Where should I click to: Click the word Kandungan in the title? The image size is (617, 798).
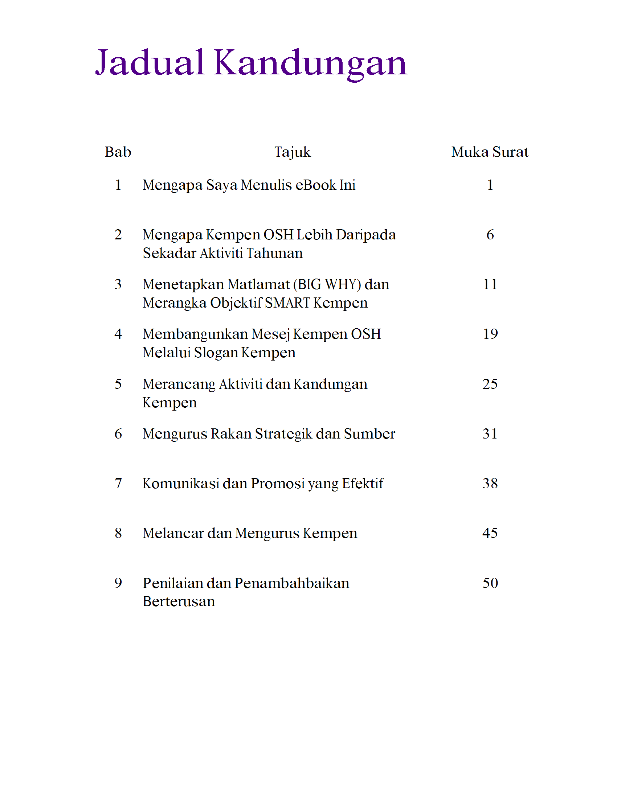pos(310,63)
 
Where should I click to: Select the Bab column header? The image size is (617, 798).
pos(118,152)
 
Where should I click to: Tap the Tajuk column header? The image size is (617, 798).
pos(293,152)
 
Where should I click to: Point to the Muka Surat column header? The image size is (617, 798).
pos(490,152)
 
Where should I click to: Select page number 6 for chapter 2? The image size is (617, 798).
pos(490,235)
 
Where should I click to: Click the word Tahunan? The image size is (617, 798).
pos(274,253)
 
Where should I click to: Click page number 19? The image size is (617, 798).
pos(490,334)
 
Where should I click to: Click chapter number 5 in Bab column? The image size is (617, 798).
pos(118,384)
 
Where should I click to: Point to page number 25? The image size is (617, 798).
pos(490,384)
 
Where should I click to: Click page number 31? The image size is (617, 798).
pos(490,434)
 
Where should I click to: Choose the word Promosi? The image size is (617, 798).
pos(278,484)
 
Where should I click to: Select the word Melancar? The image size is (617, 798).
pos(173,533)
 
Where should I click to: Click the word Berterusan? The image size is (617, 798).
pos(178,601)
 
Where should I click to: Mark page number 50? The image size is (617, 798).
pos(490,583)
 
